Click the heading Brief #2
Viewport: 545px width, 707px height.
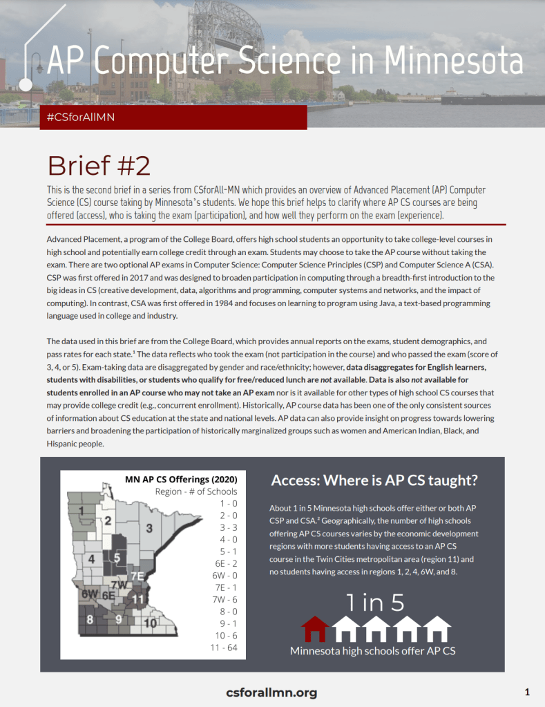[x=98, y=165]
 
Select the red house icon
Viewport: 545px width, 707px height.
[x=315, y=629]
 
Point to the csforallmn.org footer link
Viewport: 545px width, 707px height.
[x=271, y=692]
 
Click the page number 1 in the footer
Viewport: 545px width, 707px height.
[x=527, y=692]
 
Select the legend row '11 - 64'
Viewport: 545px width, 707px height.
[x=222, y=648]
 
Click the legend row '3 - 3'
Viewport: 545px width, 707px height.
[x=227, y=527]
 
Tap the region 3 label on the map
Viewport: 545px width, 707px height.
[x=149, y=528]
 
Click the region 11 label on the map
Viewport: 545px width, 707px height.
[x=138, y=598]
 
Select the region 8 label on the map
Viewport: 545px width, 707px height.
[x=90, y=619]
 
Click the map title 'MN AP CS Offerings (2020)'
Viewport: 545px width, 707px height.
[x=181, y=479]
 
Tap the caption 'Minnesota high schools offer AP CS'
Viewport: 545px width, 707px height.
[x=372, y=651]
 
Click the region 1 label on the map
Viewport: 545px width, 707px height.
[x=82, y=511]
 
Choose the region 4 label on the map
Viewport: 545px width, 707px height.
[x=91, y=558]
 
